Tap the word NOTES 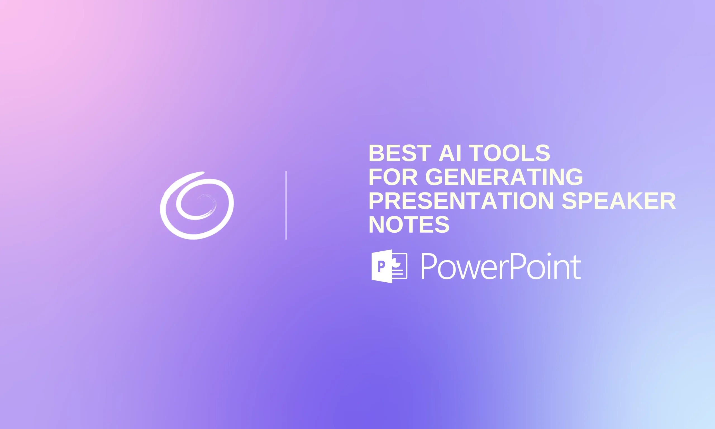tap(409, 224)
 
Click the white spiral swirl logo tap(197, 206)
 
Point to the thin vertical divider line tap(286, 205)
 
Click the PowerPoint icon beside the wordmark tap(389, 266)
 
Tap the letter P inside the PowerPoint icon tap(381, 266)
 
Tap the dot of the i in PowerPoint tap(549, 255)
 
